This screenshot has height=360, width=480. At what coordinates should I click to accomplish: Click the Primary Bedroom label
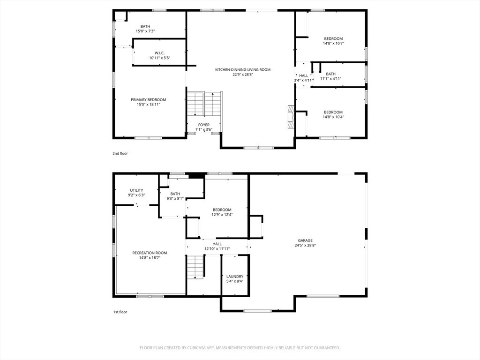click(149, 100)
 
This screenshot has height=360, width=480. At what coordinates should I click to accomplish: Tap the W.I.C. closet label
click(159, 53)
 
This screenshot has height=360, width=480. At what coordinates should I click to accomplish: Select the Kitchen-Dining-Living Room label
click(243, 70)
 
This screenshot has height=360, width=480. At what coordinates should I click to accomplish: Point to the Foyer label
click(204, 125)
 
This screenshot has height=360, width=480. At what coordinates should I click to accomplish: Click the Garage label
click(305, 240)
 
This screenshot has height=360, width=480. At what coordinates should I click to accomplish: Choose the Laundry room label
click(235, 277)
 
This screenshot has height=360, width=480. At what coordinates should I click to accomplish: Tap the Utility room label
click(136, 190)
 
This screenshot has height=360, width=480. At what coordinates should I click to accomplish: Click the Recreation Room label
click(150, 253)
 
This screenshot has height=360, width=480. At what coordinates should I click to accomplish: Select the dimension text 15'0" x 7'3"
click(145, 31)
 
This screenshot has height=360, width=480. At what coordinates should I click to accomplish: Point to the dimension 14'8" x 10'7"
click(333, 44)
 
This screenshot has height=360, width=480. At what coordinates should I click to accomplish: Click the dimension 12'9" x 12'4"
click(222, 215)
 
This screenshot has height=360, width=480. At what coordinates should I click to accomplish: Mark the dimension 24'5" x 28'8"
click(305, 245)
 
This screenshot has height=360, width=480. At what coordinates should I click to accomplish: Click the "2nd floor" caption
click(120, 153)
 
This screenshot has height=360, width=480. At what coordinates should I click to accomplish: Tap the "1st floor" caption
click(120, 312)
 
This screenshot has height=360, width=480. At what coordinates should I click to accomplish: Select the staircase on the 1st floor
click(195, 267)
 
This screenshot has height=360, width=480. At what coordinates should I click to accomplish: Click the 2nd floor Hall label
click(304, 76)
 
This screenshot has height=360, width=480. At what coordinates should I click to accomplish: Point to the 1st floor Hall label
click(217, 244)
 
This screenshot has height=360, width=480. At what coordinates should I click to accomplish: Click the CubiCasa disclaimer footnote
click(240, 348)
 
